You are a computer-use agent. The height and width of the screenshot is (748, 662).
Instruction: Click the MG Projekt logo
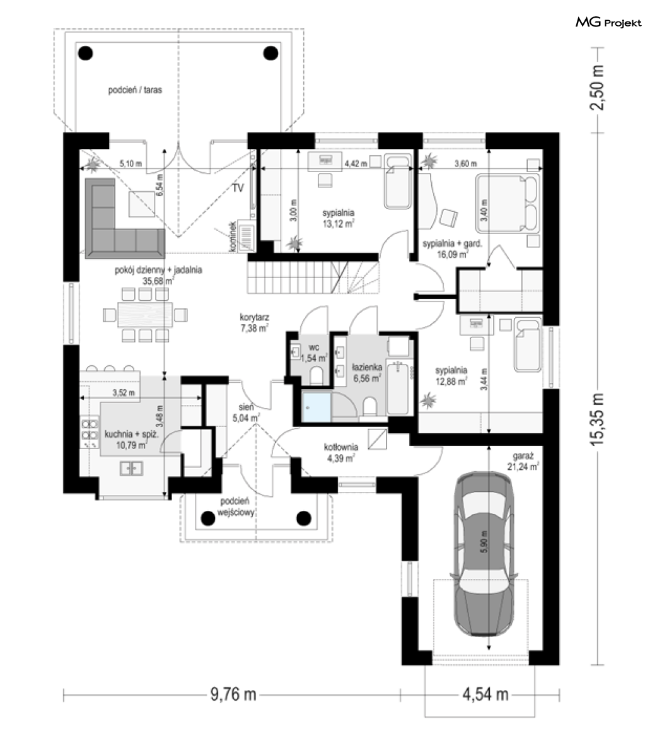608,23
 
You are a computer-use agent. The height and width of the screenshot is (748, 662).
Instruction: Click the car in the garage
483,554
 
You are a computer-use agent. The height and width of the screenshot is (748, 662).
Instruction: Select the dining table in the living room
145,315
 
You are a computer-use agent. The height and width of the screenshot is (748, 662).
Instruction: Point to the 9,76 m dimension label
233,694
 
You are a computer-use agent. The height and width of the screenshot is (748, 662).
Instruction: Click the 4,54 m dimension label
485,694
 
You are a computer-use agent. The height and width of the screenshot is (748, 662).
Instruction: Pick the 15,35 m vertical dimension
597,419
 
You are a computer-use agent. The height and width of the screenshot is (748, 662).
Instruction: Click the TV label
238,188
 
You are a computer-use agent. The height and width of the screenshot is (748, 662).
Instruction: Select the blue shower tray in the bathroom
316,407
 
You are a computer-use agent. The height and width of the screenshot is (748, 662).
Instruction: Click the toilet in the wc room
316,376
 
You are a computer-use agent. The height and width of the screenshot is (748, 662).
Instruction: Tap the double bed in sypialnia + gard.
507,204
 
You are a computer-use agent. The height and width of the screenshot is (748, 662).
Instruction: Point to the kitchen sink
131,469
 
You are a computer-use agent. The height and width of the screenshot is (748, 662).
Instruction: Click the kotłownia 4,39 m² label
340,453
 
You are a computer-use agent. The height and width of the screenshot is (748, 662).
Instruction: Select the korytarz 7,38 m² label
254,322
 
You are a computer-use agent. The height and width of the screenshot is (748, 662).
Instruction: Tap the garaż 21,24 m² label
523,461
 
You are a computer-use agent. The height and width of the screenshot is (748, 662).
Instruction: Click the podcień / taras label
135,90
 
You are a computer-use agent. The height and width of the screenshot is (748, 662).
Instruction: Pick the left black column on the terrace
86,53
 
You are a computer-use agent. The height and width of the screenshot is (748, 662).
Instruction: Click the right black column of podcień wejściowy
304,518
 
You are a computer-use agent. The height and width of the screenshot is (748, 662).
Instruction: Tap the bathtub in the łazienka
398,388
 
